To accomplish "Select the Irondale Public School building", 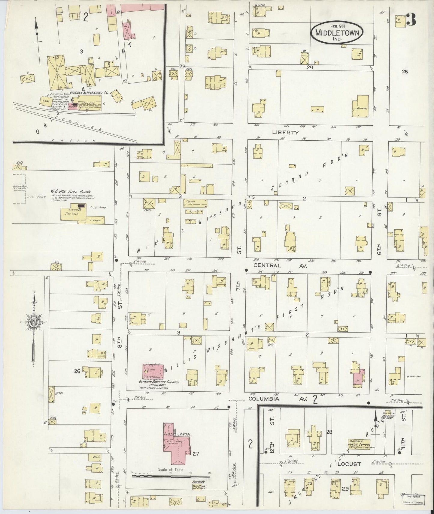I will point(359,444).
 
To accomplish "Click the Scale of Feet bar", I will point(171,476).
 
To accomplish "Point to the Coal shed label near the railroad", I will point(47,101).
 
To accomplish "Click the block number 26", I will point(77,371).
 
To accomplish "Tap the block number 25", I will point(405,71).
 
